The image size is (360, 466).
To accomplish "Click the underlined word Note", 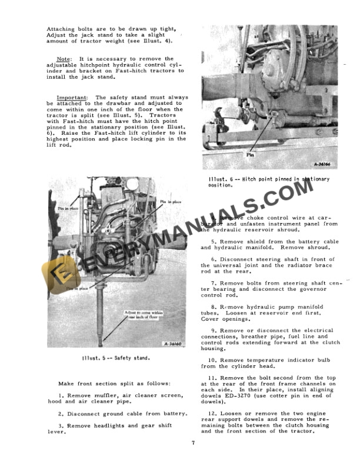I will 63,59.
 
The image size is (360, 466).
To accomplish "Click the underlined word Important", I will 73,97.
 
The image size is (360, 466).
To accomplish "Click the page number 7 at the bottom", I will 192,442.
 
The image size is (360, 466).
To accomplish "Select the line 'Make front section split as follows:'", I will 105,383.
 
